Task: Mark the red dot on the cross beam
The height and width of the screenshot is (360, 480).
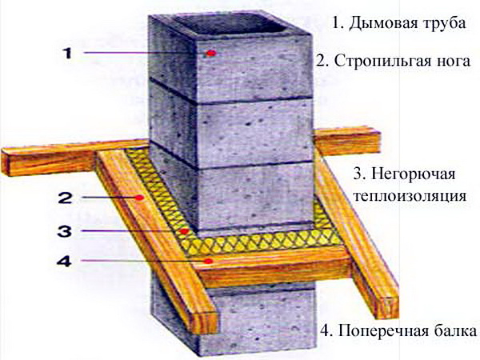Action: coord(208,261)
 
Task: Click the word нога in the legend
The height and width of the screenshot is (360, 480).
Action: coord(457,61)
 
